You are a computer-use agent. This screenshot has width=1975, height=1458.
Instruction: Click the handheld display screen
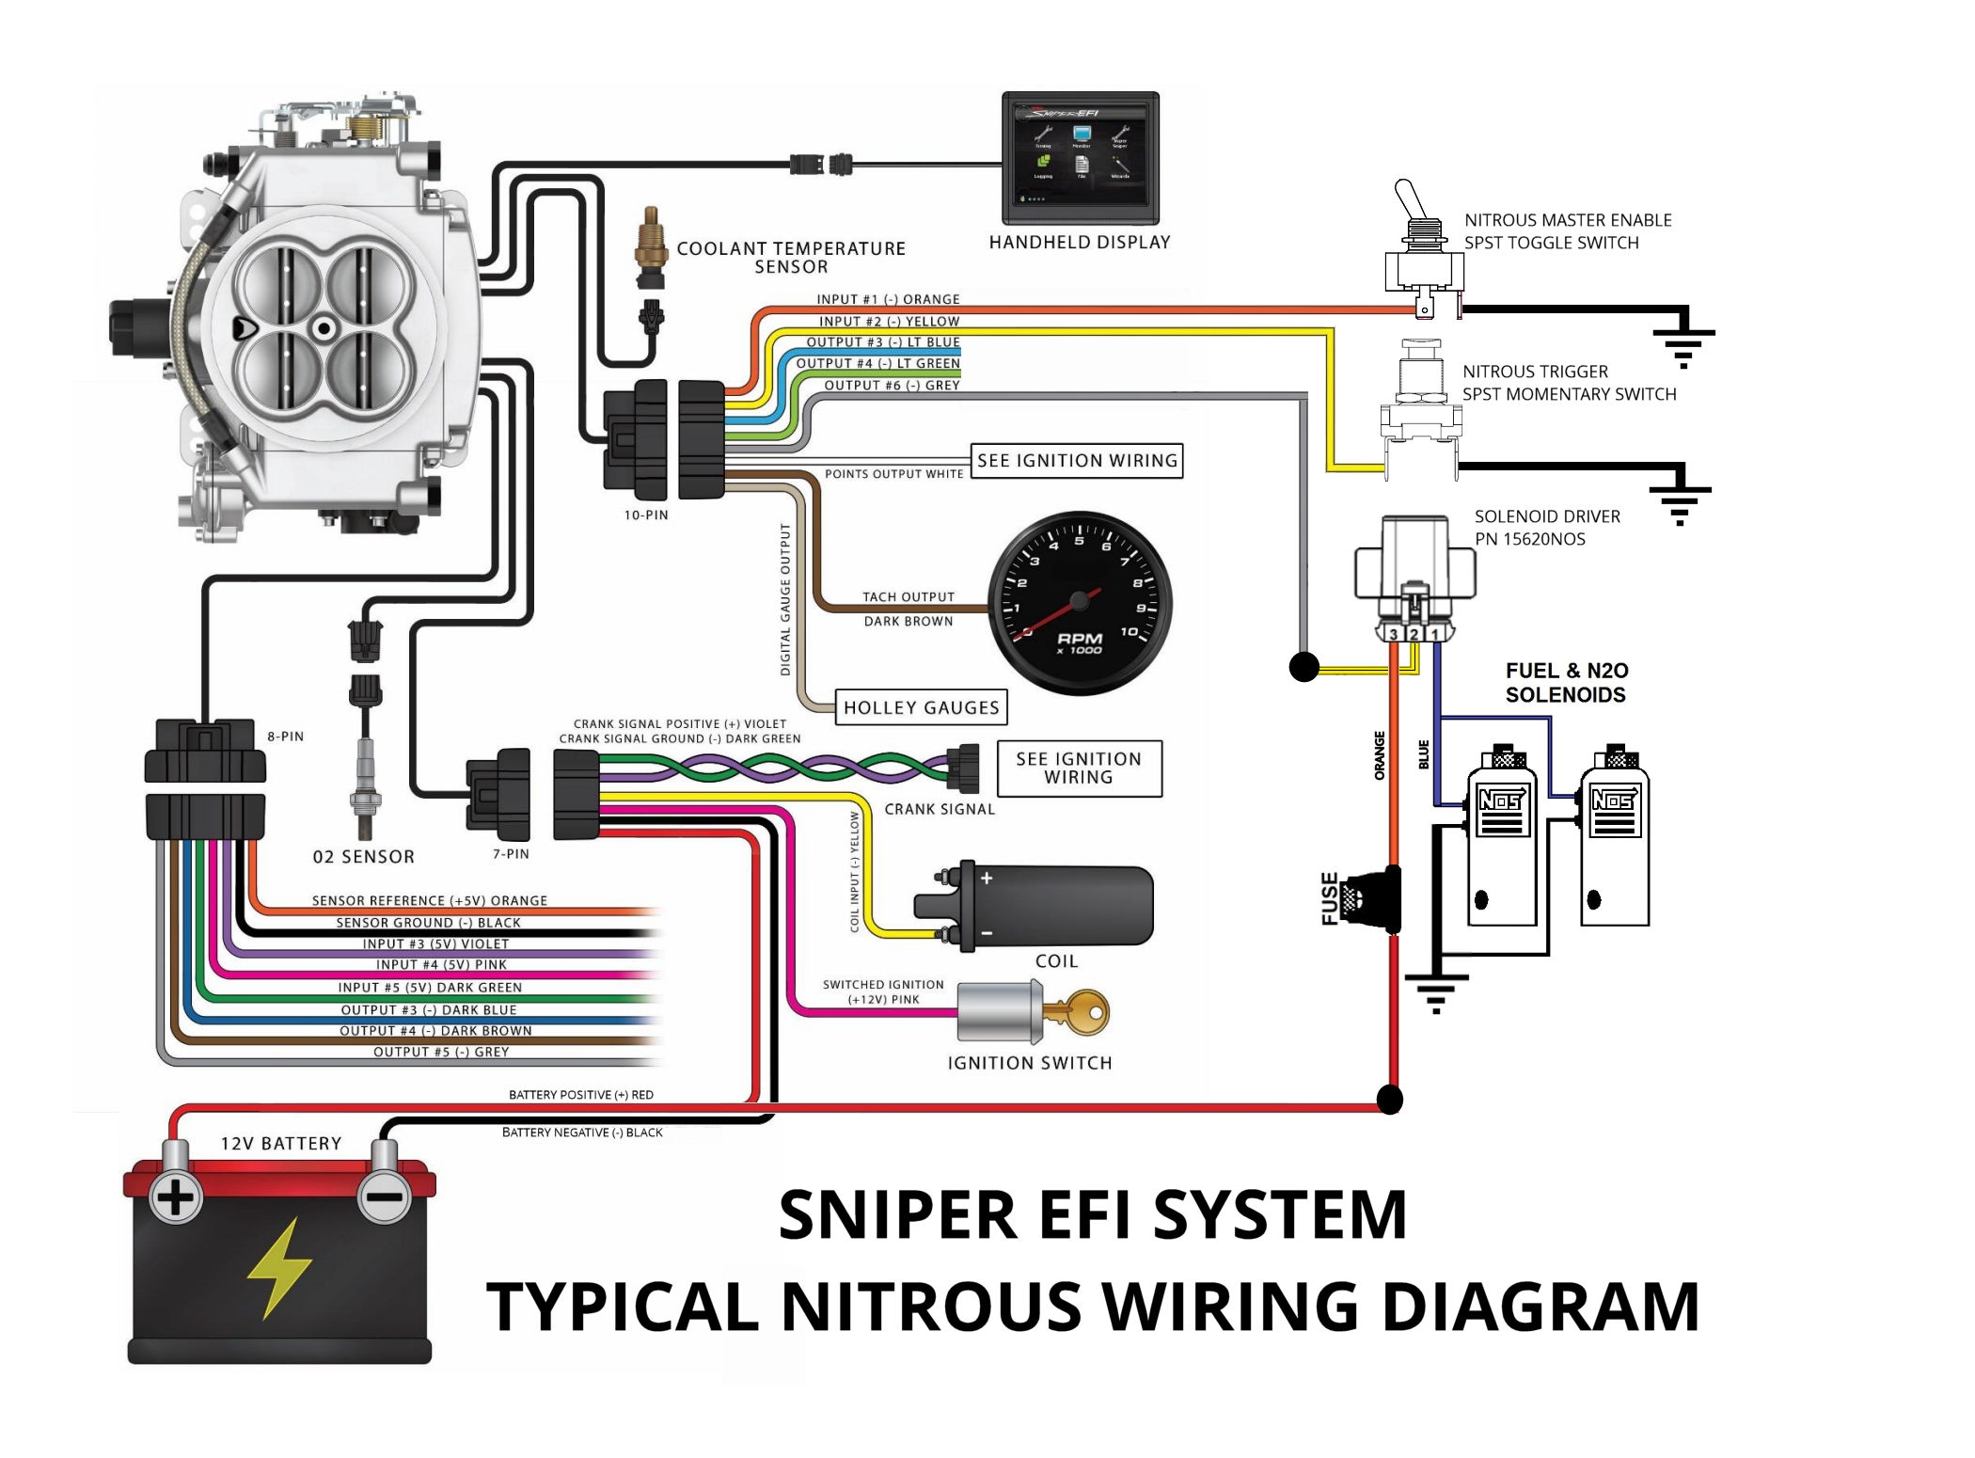pyautogui.click(x=1081, y=156)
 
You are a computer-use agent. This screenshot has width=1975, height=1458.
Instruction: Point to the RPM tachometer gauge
pyautogui.click(x=1080, y=603)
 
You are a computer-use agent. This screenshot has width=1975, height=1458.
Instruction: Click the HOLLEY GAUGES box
pyautogui.click(x=921, y=707)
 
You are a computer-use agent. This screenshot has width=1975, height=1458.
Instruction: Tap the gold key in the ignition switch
pyautogui.click(x=1082, y=1013)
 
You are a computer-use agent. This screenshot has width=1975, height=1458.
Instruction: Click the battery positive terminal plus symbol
pyautogui.click(x=175, y=1198)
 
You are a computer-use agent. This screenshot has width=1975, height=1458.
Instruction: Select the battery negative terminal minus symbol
pyautogui.click(x=384, y=1197)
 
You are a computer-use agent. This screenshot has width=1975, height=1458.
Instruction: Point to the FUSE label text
pyautogui.click(x=1330, y=898)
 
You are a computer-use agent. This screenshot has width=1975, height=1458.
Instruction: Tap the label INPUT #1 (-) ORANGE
pyautogui.click(x=888, y=299)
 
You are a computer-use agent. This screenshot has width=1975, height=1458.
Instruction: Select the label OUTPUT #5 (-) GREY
pyautogui.click(x=441, y=1052)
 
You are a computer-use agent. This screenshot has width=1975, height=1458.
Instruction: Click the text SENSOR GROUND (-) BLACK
pyautogui.click(x=428, y=923)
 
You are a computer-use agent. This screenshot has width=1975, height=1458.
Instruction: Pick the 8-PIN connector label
pyautogui.click(x=285, y=737)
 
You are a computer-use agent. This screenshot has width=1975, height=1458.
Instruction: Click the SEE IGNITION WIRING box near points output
pyautogui.click(x=1077, y=461)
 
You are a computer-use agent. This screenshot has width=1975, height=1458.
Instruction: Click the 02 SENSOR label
pyautogui.click(x=363, y=857)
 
